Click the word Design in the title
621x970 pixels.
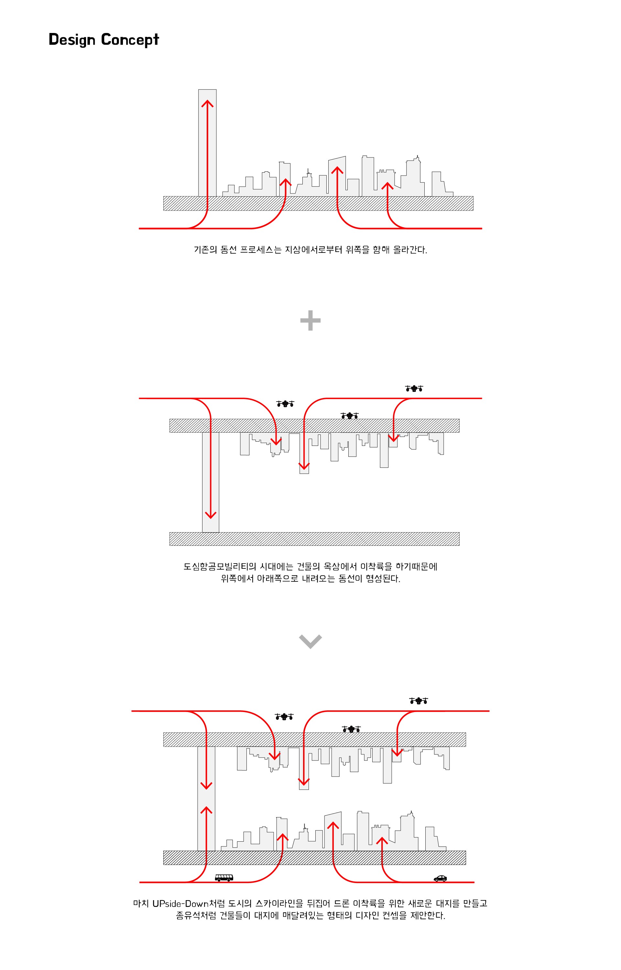72,40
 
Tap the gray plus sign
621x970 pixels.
310,320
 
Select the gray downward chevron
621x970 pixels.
310,641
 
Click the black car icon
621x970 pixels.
440,878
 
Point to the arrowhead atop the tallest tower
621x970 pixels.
207,103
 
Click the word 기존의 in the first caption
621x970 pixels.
205,250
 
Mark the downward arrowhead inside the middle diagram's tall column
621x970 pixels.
211,515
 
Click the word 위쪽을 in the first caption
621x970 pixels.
357,250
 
